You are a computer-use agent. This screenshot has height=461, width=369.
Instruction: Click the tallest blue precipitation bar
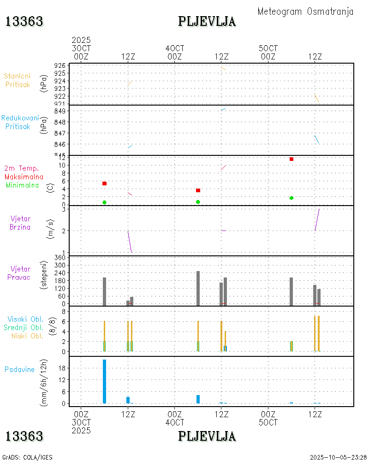[104, 381]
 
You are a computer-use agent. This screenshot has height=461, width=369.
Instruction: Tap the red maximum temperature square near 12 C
[292, 159]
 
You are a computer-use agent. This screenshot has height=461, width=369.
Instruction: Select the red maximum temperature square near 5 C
[104, 183]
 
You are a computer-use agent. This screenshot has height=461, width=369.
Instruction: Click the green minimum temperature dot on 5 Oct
[292, 198]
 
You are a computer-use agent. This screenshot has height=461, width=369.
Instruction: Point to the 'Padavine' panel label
[19, 369]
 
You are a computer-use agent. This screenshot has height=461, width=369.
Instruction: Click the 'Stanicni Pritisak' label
[18, 80]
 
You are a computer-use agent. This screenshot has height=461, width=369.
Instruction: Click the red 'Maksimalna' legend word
[24, 177]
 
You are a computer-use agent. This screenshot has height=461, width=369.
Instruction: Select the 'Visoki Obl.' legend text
[25, 319]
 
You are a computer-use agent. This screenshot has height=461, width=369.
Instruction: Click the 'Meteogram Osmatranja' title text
[305, 12]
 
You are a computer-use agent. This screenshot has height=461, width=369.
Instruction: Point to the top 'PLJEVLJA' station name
[207, 22]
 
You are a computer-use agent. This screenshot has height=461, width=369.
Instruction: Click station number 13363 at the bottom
[24, 436]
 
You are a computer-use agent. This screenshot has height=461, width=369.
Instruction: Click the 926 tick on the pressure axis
[60, 65]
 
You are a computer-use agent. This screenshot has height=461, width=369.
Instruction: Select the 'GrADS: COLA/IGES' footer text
[27, 457]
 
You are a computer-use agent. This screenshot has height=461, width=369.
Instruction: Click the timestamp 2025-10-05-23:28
[338, 457]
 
